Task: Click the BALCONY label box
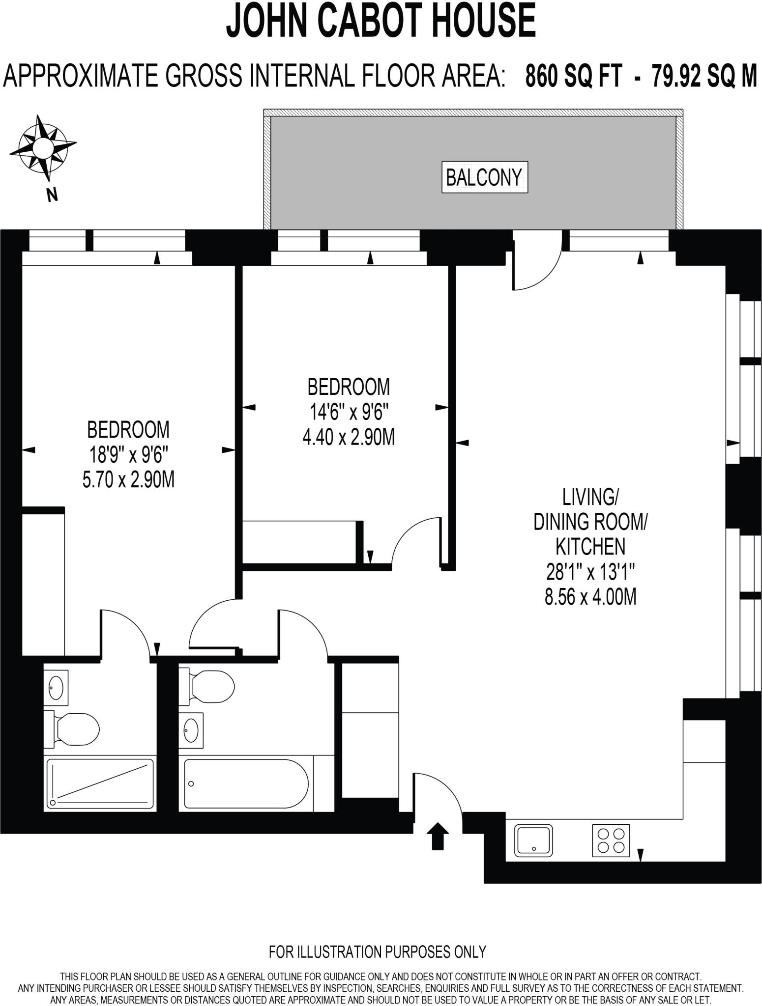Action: (x=484, y=177)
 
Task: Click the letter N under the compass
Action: (x=52, y=195)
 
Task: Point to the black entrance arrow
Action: (x=437, y=837)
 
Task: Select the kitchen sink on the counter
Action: (x=533, y=840)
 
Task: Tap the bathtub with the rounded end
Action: (x=246, y=783)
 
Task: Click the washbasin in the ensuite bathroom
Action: (x=56, y=687)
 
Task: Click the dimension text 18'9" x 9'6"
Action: (x=128, y=455)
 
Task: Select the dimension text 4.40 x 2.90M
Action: (x=349, y=437)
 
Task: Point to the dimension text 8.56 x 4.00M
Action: (x=590, y=597)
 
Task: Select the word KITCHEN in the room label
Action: (x=590, y=546)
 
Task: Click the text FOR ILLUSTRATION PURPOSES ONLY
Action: (x=377, y=951)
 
